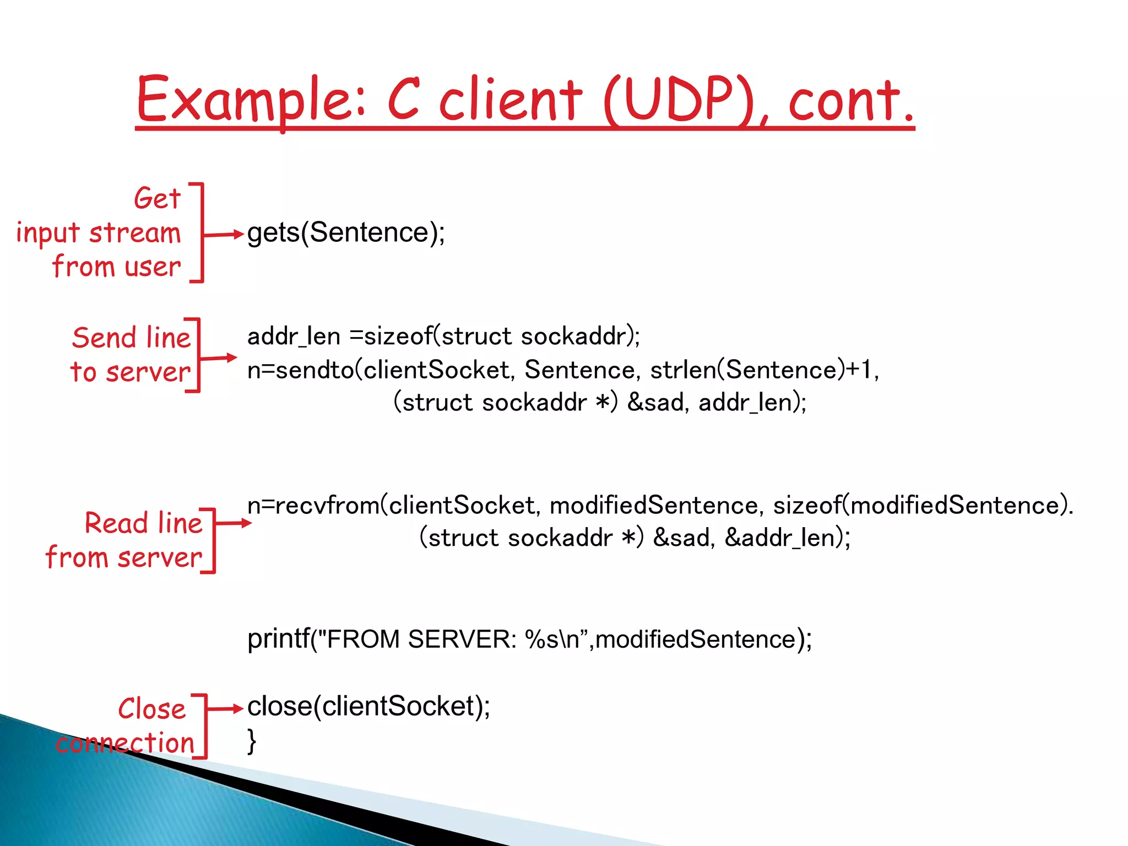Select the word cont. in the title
(851, 100)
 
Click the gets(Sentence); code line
(346, 232)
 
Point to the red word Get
(157, 198)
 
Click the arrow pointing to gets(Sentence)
(223, 235)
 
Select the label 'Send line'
(131, 338)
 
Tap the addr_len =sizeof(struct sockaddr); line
(443, 336)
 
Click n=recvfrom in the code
(314, 505)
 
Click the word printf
(278, 639)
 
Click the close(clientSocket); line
(368, 707)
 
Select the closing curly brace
(252, 741)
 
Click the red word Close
(152, 709)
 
